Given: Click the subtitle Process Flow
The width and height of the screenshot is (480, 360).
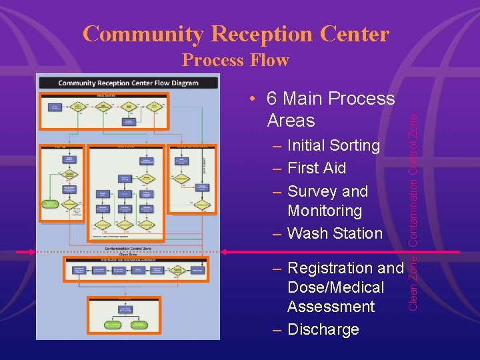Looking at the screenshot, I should (235, 60).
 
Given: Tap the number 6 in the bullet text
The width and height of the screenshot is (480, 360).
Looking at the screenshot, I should (272, 99).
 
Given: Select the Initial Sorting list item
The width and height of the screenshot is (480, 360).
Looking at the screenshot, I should (333, 145).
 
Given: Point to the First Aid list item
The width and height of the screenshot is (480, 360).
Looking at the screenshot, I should (317, 168).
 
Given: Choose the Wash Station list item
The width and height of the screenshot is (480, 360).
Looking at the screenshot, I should (335, 233).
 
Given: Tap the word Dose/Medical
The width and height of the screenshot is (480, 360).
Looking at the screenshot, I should (335, 287).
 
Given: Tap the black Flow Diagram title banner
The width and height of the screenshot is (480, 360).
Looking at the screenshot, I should (128, 83).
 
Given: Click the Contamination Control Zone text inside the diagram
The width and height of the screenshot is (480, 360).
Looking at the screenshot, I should (127, 247).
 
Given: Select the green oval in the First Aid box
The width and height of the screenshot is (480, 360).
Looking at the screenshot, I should (51, 205).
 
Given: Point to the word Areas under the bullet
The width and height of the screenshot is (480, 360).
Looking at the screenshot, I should (291, 121).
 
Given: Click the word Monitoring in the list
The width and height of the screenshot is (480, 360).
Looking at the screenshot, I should (325, 211).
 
